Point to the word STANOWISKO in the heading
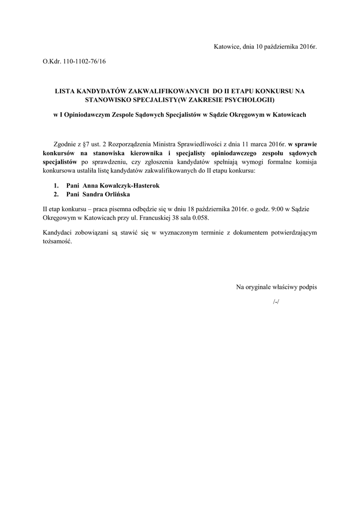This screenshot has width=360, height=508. [x=109, y=100]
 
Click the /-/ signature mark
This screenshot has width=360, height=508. [x=276, y=302]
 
